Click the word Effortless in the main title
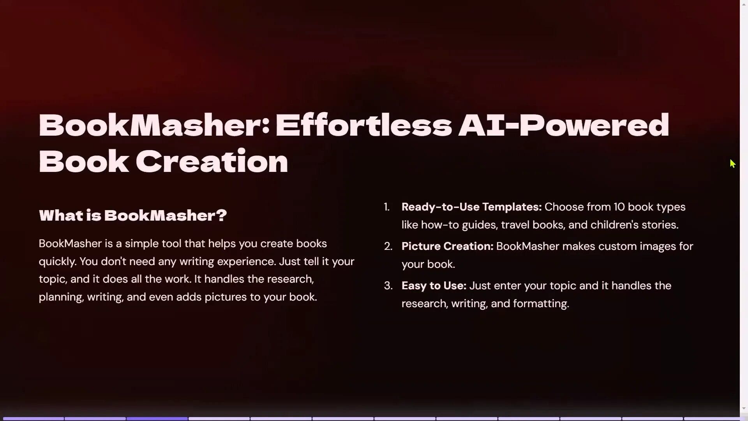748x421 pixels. coord(363,126)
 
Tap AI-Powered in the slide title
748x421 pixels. coord(563,126)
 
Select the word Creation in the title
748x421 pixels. coord(212,161)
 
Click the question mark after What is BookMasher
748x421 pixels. coord(222,215)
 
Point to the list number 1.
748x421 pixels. coord(386,207)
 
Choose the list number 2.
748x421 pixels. coord(388,246)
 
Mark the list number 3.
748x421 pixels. coord(388,286)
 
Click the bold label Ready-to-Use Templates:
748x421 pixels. coord(471,207)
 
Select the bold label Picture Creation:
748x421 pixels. coord(447,246)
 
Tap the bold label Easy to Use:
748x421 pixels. coord(434,286)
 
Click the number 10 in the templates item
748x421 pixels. coord(619,207)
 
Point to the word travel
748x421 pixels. coord(515,225)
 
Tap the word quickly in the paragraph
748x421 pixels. coord(57,262)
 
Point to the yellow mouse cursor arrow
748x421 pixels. coord(732,164)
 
